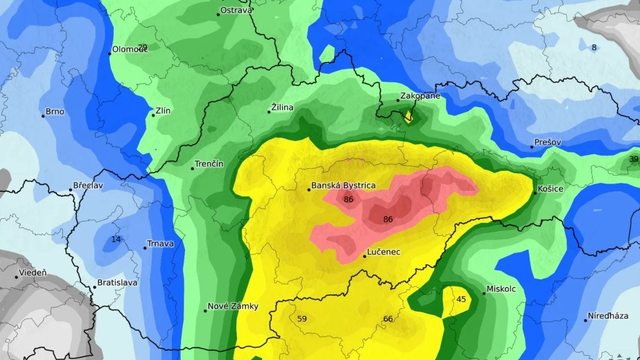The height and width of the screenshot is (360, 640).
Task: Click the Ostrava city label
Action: tap(238, 11)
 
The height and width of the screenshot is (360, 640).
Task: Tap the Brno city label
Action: tap(55, 113)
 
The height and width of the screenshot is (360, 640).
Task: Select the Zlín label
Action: tap(163, 113)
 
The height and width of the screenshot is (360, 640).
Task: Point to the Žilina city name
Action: tap(284, 107)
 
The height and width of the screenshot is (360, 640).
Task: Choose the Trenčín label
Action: tap(209, 163)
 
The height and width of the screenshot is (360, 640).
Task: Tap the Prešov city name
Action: tap(549, 143)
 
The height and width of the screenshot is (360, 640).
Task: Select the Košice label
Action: tap(551, 189)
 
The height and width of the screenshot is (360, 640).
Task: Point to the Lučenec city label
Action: tap(384, 252)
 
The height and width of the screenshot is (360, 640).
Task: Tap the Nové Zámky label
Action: tap(234, 306)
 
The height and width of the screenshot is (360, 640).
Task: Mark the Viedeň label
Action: tap(31, 272)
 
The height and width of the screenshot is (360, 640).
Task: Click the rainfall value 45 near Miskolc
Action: tap(461, 299)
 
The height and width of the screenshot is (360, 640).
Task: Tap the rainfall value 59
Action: tap(302, 319)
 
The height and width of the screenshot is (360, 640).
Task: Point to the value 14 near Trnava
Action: tap(116, 240)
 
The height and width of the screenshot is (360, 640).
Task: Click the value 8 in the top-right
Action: tap(593, 47)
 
